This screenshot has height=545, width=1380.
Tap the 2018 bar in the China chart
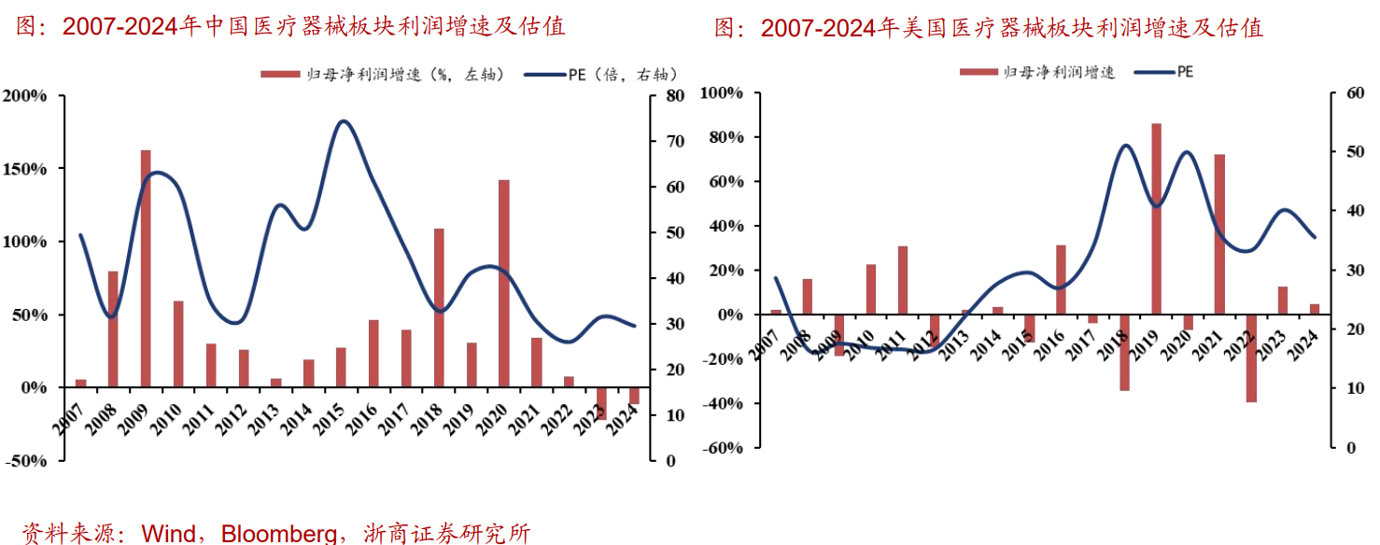pyautogui.click(x=439, y=307)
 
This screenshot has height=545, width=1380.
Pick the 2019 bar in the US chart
pyautogui.click(x=1156, y=218)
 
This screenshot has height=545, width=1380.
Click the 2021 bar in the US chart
pyautogui.click(x=1219, y=234)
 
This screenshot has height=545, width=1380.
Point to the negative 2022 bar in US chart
pyautogui.click(x=1251, y=358)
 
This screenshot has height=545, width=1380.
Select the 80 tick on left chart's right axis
pyautogui.click(x=675, y=95)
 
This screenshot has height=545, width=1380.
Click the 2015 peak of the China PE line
pyautogui.click(x=343, y=121)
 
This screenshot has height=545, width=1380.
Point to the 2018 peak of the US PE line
pyautogui.click(x=1125, y=146)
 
